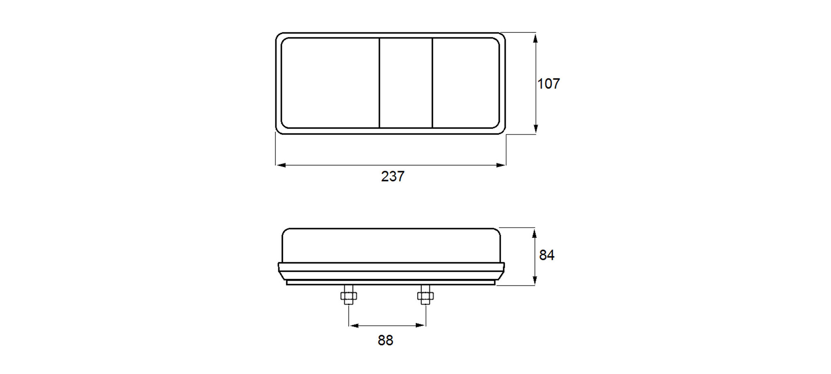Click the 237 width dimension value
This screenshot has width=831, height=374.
pos(393,176)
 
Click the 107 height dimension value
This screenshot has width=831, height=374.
pos(548,84)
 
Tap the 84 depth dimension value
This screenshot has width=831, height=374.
pos(547,255)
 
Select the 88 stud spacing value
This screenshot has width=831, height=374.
pos(386,340)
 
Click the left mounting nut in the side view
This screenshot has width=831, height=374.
pos(349,296)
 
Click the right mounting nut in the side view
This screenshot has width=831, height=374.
pos(425,296)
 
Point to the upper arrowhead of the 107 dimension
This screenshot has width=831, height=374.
pos(535,38)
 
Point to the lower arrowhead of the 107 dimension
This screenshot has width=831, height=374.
pos(535,128)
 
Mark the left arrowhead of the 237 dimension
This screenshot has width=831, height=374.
pos(281,165)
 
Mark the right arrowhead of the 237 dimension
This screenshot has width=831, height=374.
pos(500,165)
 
